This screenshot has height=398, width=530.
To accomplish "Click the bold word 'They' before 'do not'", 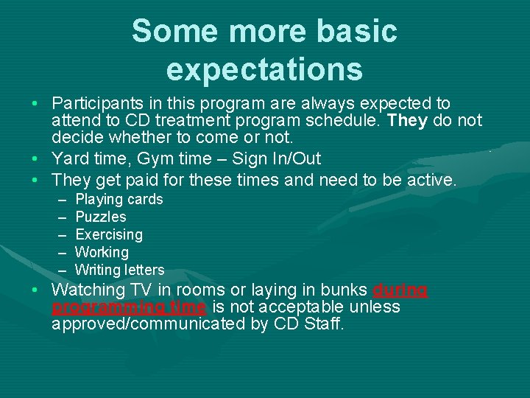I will (407, 121).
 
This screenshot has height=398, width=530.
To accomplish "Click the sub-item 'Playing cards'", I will (119, 199).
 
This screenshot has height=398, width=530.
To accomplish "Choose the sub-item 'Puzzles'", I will (101, 217).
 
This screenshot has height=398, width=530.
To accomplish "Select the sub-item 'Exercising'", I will (109, 234).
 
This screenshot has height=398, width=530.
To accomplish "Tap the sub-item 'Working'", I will (102, 252).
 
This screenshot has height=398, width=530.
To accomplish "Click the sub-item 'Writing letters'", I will (120, 270).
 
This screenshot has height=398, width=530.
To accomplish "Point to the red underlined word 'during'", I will (400, 290).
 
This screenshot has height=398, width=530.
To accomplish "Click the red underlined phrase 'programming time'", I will (129, 307).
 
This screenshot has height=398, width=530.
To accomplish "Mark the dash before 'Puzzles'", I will (60, 217).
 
